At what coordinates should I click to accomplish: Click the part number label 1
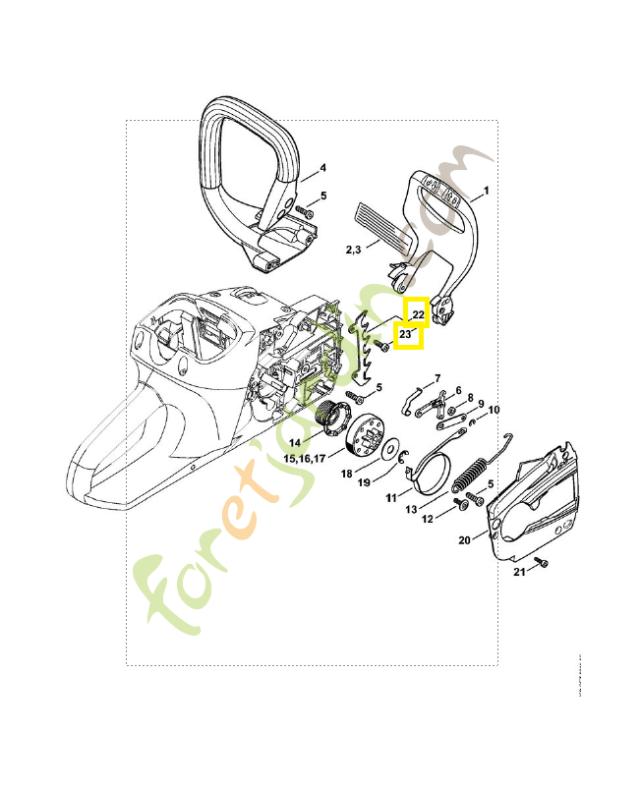click(487, 191)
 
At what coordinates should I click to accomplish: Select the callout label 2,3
click(354, 251)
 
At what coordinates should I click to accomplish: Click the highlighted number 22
click(418, 313)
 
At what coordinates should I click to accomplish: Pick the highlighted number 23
click(406, 335)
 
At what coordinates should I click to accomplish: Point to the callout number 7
click(437, 378)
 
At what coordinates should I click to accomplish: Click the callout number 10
click(494, 410)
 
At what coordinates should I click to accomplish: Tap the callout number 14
click(295, 443)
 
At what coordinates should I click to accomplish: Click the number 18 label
click(346, 473)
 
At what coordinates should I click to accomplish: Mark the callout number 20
click(465, 539)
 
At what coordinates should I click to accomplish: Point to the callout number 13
click(412, 509)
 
